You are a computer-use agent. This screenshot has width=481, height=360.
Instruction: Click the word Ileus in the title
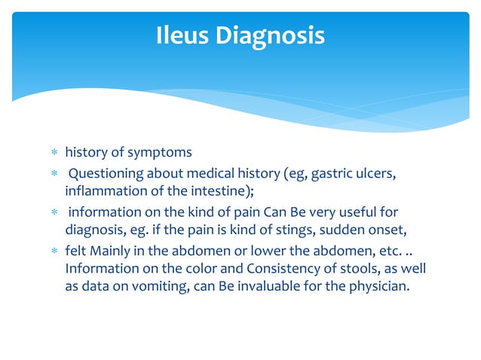184,35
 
